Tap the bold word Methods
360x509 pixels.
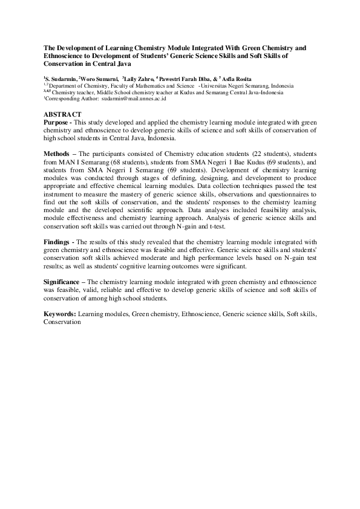point(56,154)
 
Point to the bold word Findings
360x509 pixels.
point(57,241)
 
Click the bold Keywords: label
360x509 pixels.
point(59,315)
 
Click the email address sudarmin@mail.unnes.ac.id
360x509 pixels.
point(134,98)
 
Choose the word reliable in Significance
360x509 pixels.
point(110,290)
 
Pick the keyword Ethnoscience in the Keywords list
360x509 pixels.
point(200,315)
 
